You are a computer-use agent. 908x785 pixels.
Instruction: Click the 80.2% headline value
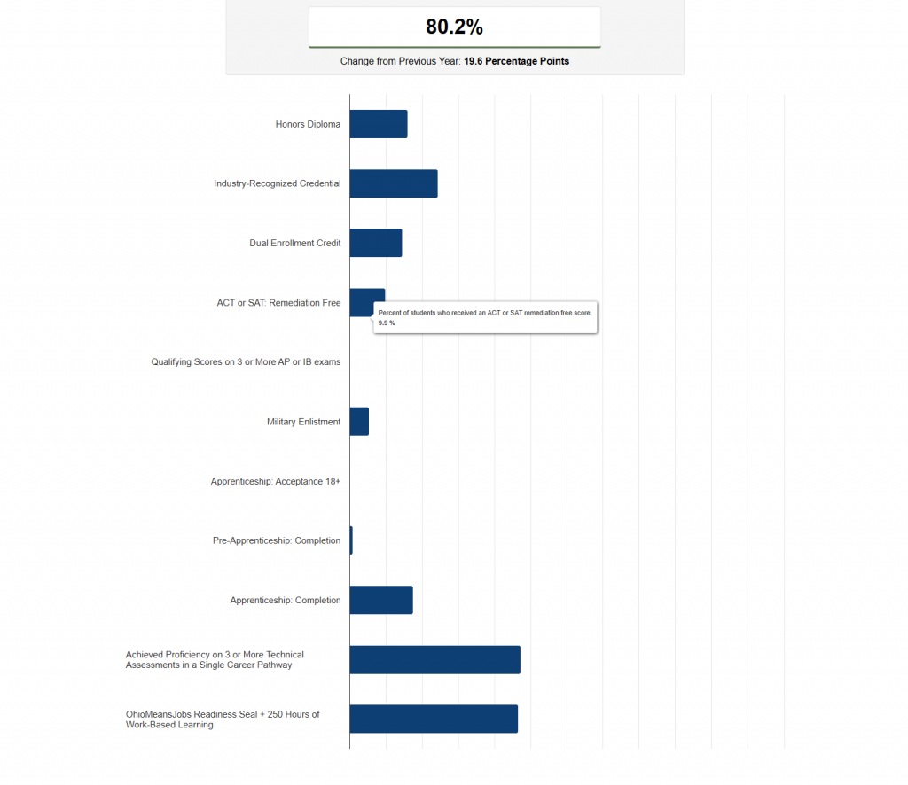pyautogui.click(x=455, y=27)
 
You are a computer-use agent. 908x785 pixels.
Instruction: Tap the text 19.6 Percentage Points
pyautogui.click(x=517, y=61)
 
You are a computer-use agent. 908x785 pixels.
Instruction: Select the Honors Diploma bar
pyautogui.click(x=379, y=124)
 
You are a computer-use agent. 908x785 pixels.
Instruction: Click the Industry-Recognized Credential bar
pyautogui.click(x=394, y=183)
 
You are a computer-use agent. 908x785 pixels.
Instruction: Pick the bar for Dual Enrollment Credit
pyautogui.click(x=376, y=243)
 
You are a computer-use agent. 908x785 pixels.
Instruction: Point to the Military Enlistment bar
pyautogui.click(x=360, y=421)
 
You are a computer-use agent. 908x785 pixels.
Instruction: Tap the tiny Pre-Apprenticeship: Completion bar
pyautogui.click(x=351, y=540)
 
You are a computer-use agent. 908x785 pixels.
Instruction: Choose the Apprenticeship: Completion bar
pyautogui.click(x=381, y=600)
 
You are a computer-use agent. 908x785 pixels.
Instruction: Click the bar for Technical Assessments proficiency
pyautogui.click(x=434, y=659)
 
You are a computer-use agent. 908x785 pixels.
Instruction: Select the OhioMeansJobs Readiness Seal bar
pyautogui.click(x=434, y=719)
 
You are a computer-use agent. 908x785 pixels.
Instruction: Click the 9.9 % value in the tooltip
pyautogui.click(x=387, y=323)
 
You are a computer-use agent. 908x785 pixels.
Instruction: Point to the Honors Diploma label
pyautogui.click(x=308, y=124)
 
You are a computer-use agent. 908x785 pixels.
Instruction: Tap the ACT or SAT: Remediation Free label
pyautogui.click(x=278, y=302)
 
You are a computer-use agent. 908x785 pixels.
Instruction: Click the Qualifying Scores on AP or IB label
pyautogui.click(x=247, y=362)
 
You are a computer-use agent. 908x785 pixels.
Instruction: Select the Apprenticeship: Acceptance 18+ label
pyautogui.click(x=276, y=481)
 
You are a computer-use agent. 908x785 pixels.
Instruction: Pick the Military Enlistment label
pyautogui.click(x=304, y=422)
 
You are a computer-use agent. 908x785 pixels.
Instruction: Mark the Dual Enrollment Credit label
pyautogui.click(x=295, y=243)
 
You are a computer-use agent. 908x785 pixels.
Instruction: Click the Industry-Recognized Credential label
pyautogui.click(x=278, y=183)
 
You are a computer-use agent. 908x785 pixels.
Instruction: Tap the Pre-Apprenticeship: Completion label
pyautogui.click(x=277, y=540)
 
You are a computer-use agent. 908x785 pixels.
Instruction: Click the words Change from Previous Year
pyautogui.click(x=400, y=61)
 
